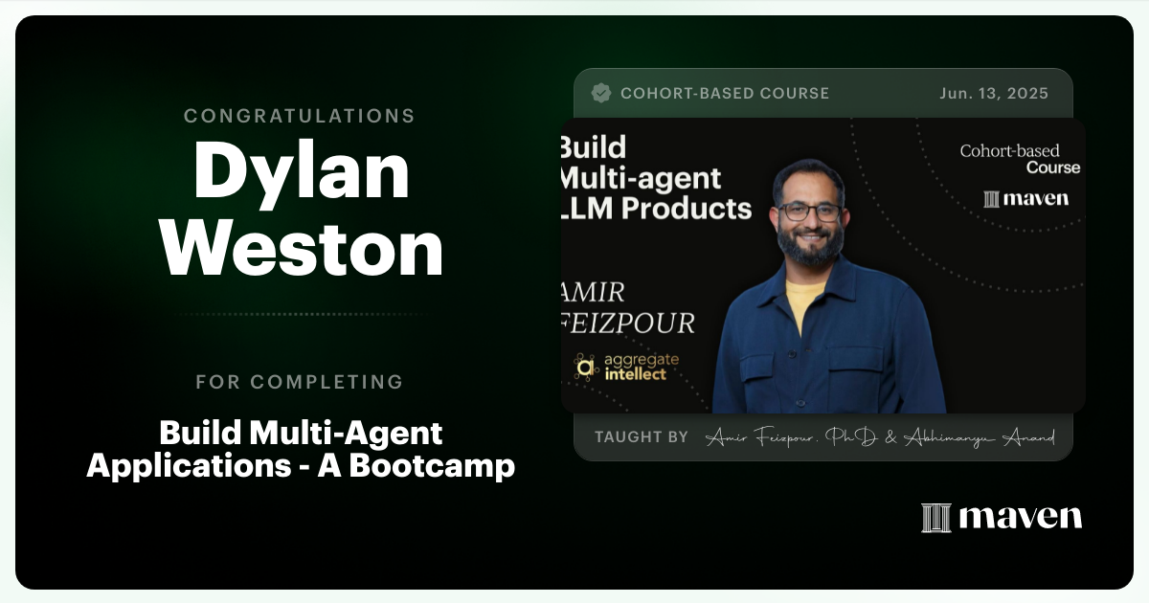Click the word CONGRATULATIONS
[300, 116]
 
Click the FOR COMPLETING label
[300, 382]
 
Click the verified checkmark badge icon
[601, 93]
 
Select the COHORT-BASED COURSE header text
[725, 93]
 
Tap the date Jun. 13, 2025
[994, 93]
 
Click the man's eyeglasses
[809, 212]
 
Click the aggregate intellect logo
[626, 367]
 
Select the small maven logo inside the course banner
[1025, 199]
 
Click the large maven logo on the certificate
[1002, 517]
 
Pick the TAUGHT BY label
[642, 436]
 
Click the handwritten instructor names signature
[880, 437]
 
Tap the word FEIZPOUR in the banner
[627, 323]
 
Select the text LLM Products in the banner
[657, 207]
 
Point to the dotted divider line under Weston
[300, 314]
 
